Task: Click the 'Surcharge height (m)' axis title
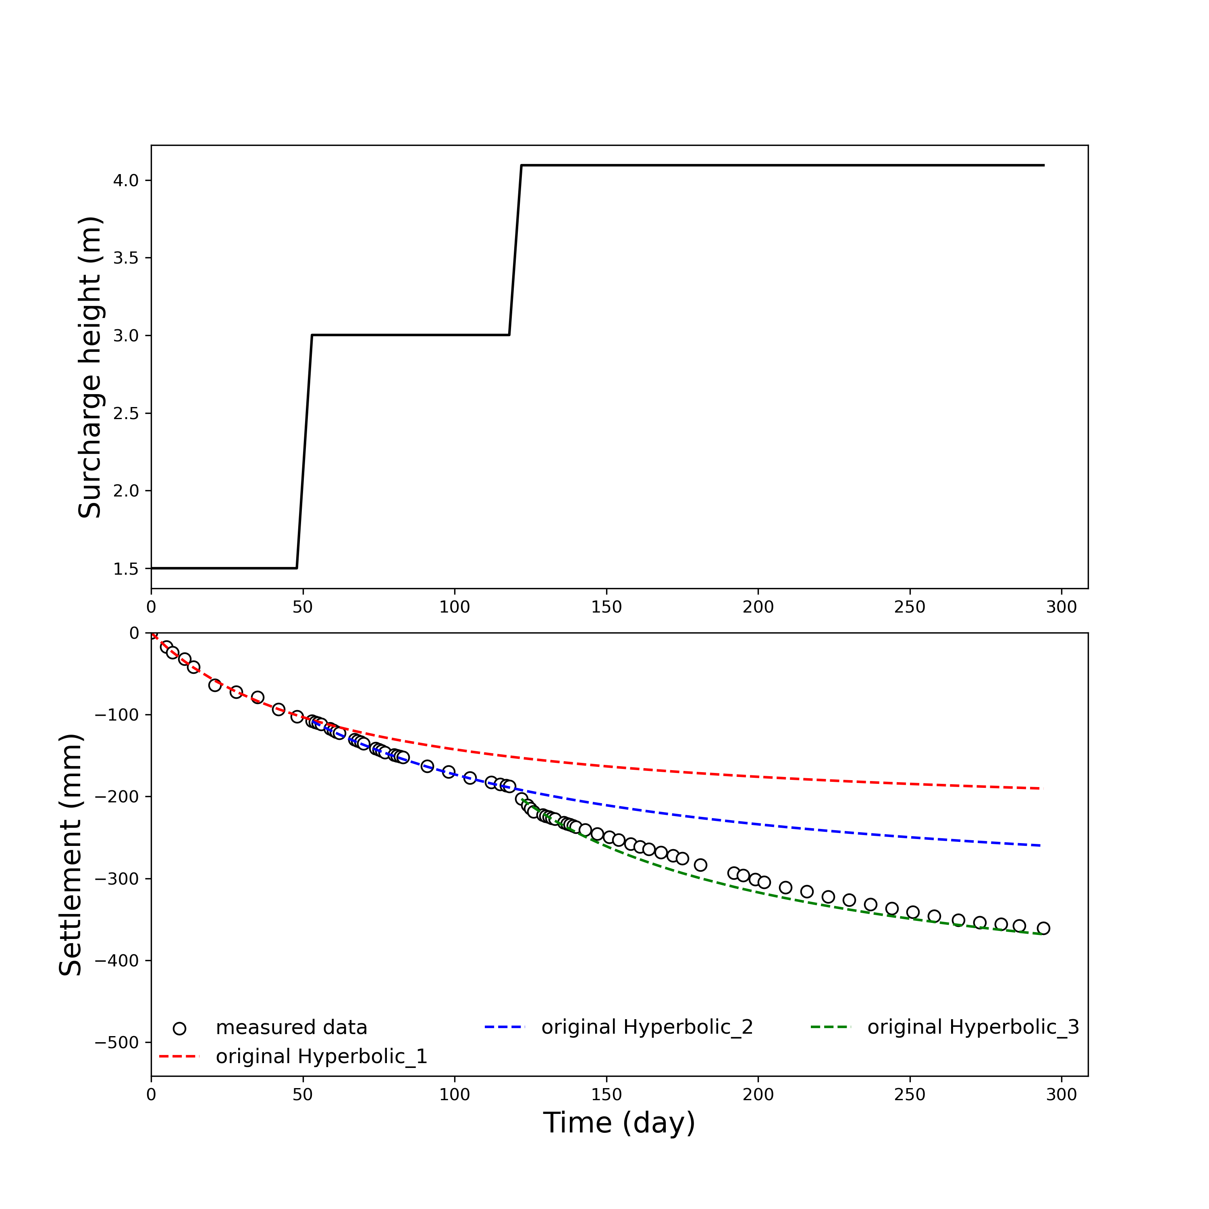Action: [90, 367]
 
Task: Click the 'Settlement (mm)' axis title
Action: [71, 856]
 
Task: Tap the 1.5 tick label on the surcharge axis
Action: [125, 569]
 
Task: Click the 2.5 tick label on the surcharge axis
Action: [125, 413]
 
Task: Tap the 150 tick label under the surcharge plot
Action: [607, 607]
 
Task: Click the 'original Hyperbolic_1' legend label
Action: [321, 1056]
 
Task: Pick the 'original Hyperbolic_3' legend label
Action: [973, 1028]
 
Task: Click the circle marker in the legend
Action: [180, 1028]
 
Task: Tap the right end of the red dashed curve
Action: [1042, 789]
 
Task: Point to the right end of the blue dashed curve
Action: [1042, 845]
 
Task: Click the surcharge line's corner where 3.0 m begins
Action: [312, 335]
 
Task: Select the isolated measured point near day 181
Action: [700, 865]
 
